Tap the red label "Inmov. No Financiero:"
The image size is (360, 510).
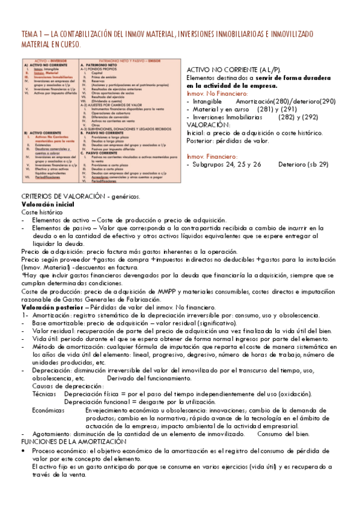[217, 94]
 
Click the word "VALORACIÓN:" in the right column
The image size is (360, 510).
[208, 125]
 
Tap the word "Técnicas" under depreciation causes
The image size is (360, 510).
[44, 394]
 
